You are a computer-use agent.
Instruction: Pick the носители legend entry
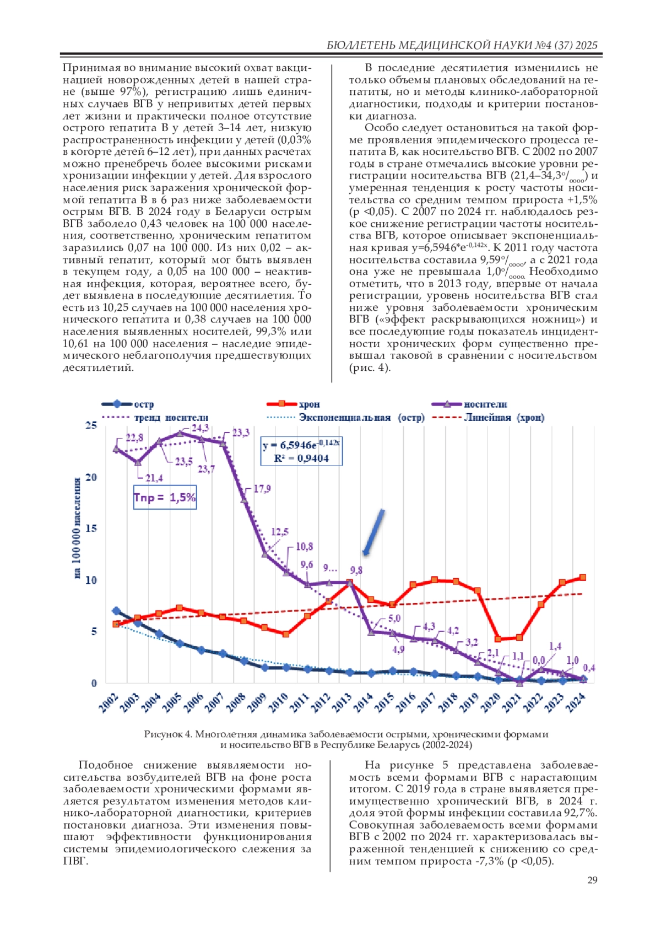tap(485, 404)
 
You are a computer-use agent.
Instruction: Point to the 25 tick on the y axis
tap(91, 425)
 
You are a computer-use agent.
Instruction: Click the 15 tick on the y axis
tap(91, 528)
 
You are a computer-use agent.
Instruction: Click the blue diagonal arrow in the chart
tap(373, 532)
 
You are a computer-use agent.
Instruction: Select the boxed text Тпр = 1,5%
tap(165, 498)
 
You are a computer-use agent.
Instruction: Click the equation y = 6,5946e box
tap(301, 451)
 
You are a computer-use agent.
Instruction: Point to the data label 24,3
tap(200, 428)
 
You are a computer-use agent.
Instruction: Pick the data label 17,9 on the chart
tap(262, 489)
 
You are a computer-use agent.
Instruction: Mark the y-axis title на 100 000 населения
tap(78, 528)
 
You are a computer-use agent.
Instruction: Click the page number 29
tap(592, 880)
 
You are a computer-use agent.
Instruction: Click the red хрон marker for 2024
tap(583, 577)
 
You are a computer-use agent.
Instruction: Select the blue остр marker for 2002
tap(116, 610)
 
